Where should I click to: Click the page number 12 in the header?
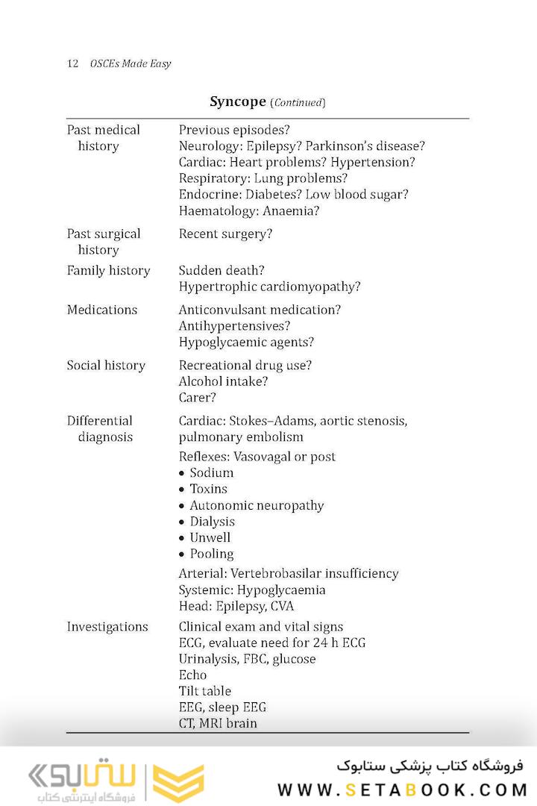click(x=73, y=63)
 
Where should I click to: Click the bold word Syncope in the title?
click(x=238, y=101)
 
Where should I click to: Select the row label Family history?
click(x=108, y=271)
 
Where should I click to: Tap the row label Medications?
click(x=102, y=310)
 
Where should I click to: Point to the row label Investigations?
click(x=107, y=627)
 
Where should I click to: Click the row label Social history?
click(x=106, y=366)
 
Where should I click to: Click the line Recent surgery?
click(x=225, y=234)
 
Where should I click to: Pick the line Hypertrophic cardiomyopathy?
click(x=269, y=287)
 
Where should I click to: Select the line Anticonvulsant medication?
click(x=260, y=310)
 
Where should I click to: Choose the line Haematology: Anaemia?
click(x=249, y=211)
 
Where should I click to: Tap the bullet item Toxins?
click(x=208, y=489)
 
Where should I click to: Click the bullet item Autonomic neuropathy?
click(x=257, y=505)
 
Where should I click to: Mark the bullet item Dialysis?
click(x=212, y=522)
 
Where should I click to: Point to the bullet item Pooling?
click(x=211, y=554)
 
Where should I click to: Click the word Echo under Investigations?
click(x=192, y=675)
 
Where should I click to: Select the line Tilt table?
click(x=205, y=691)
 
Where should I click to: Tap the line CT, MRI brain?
click(x=218, y=723)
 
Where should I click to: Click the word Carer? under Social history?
click(x=198, y=398)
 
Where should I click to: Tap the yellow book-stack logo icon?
click(x=178, y=783)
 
